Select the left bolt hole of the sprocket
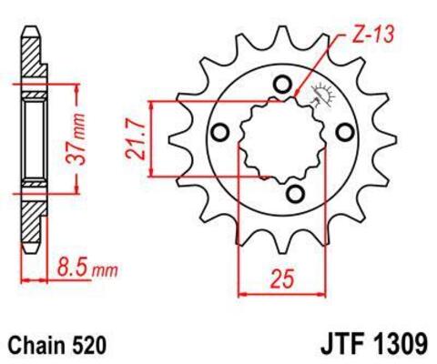[x=219, y=134]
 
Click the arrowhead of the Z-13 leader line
[x=297, y=91]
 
